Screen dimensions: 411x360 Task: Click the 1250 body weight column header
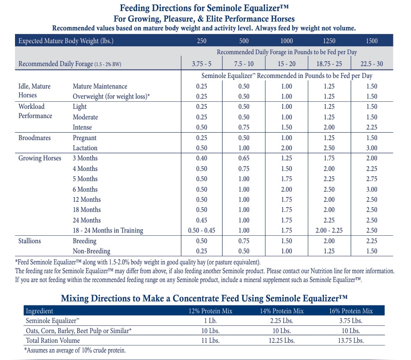(329, 41)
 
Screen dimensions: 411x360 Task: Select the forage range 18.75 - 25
(329, 63)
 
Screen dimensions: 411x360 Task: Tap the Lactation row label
(85, 148)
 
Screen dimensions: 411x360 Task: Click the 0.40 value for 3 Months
(202, 158)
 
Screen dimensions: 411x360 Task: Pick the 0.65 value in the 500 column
(244, 158)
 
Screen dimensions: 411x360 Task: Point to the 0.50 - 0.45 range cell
(202, 230)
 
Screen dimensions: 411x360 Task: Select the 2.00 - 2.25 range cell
(329, 230)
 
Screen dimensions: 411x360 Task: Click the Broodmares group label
(34, 138)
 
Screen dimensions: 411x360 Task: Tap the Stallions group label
(30, 241)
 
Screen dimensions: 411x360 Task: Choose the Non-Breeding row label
(91, 251)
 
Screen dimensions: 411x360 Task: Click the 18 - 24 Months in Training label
(108, 230)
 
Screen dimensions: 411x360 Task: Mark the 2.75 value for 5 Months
(372, 179)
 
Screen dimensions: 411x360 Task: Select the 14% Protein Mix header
(282, 311)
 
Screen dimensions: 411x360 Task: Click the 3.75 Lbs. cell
(351, 321)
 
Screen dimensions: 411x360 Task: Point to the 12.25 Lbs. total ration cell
(282, 341)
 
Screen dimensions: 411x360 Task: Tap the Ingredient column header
(39, 311)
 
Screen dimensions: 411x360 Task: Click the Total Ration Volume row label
(52, 341)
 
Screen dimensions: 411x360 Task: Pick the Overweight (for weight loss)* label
(111, 96)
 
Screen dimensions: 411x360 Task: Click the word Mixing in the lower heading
(75, 298)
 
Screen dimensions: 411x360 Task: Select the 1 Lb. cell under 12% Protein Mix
(210, 321)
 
